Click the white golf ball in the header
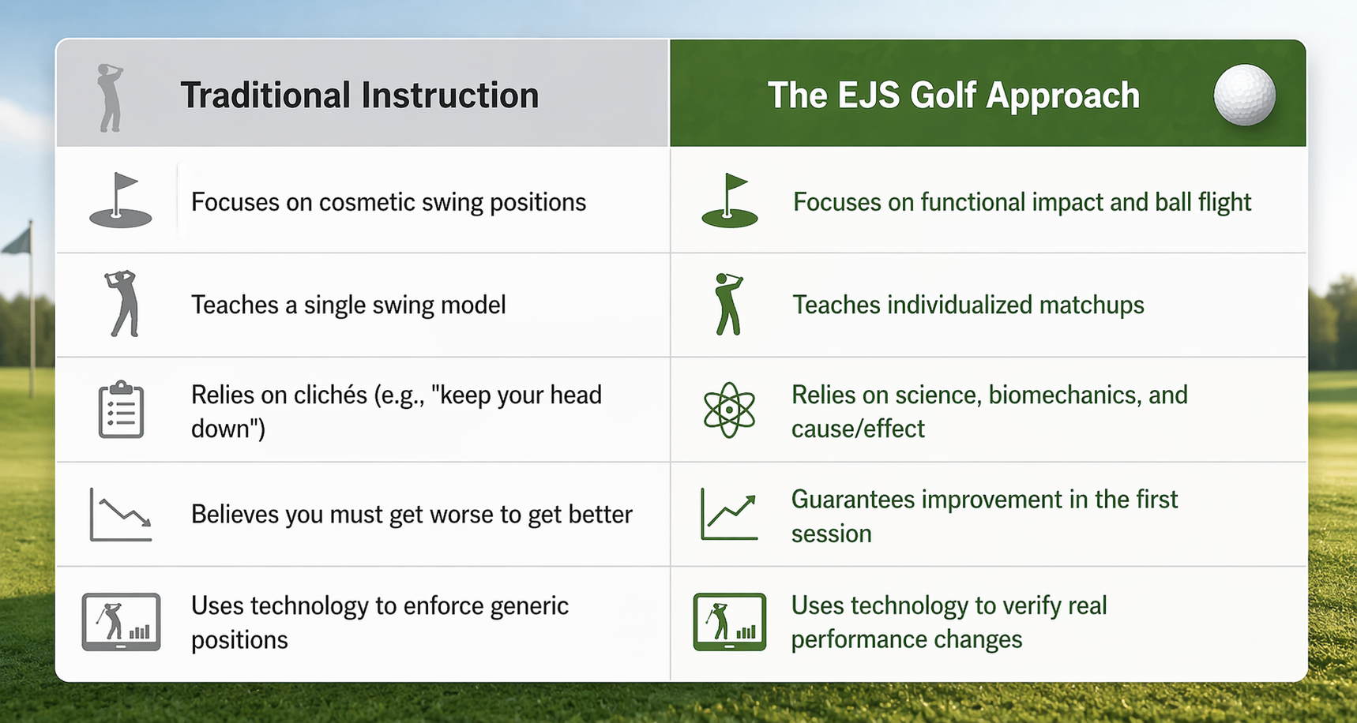click(x=1244, y=95)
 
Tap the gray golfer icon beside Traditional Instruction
click(x=111, y=98)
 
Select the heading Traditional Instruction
click(x=359, y=96)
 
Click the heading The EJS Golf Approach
click(x=953, y=96)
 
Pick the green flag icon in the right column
click(x=729, y=201)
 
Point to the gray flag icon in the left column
click(x=121, y=201)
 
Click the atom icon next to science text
click(x=729, y=410)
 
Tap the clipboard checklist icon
click(x=121, y=410)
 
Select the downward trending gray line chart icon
click(x=121, y=515)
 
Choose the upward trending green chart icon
click(x=729, y=515)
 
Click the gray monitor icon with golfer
click(x=121, y=622)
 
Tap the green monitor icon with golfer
click(x=729, y=622)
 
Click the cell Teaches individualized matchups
click(x=968, y=305)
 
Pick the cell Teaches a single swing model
click(x=348, y=305)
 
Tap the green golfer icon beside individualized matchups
click(x=728, y=305)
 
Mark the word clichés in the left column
click(x=329, y=395)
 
